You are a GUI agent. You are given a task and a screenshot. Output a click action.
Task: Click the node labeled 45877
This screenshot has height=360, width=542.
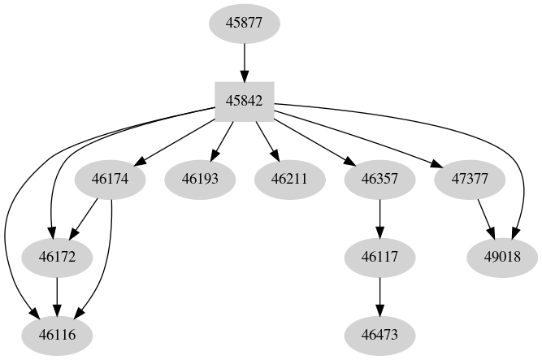click(245, 23)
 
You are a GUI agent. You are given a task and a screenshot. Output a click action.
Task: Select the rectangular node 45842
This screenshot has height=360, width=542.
click(245, 102)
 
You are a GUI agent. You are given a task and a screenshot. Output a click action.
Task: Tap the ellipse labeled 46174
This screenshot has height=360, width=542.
click(110, 178)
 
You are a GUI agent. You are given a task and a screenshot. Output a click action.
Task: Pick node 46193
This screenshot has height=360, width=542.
click(200, 178)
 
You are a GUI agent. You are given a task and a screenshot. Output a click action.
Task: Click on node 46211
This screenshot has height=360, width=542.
click(290, 178)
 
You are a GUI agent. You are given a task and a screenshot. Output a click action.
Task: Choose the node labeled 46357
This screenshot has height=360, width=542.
click(380, 178)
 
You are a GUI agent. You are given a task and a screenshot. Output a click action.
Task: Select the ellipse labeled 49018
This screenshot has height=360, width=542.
click(503, 257)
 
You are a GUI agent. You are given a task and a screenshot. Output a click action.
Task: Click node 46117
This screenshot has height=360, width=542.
click(380, 257)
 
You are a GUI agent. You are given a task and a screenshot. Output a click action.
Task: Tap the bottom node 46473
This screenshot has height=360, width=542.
click(380, 335)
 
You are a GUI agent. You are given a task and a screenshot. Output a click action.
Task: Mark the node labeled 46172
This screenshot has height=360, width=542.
click(56, 257)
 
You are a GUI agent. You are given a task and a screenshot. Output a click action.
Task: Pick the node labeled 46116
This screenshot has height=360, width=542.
click(56, 335)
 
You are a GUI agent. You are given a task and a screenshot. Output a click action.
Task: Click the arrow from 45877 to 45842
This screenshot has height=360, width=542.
click(245, 62)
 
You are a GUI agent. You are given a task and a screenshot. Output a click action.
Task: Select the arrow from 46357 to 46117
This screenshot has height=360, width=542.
click(380, 217)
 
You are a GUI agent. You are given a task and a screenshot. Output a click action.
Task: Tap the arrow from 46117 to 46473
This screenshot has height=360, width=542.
click(380, 296)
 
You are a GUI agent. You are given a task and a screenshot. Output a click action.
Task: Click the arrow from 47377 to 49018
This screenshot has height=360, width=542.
click(484, 217)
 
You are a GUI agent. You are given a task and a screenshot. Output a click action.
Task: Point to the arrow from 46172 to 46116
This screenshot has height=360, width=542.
click(56, 296)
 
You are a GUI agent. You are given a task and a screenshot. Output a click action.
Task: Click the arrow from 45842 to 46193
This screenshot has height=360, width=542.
click(223, 140)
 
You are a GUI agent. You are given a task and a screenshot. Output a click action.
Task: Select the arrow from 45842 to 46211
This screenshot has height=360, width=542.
click(267, 140)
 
